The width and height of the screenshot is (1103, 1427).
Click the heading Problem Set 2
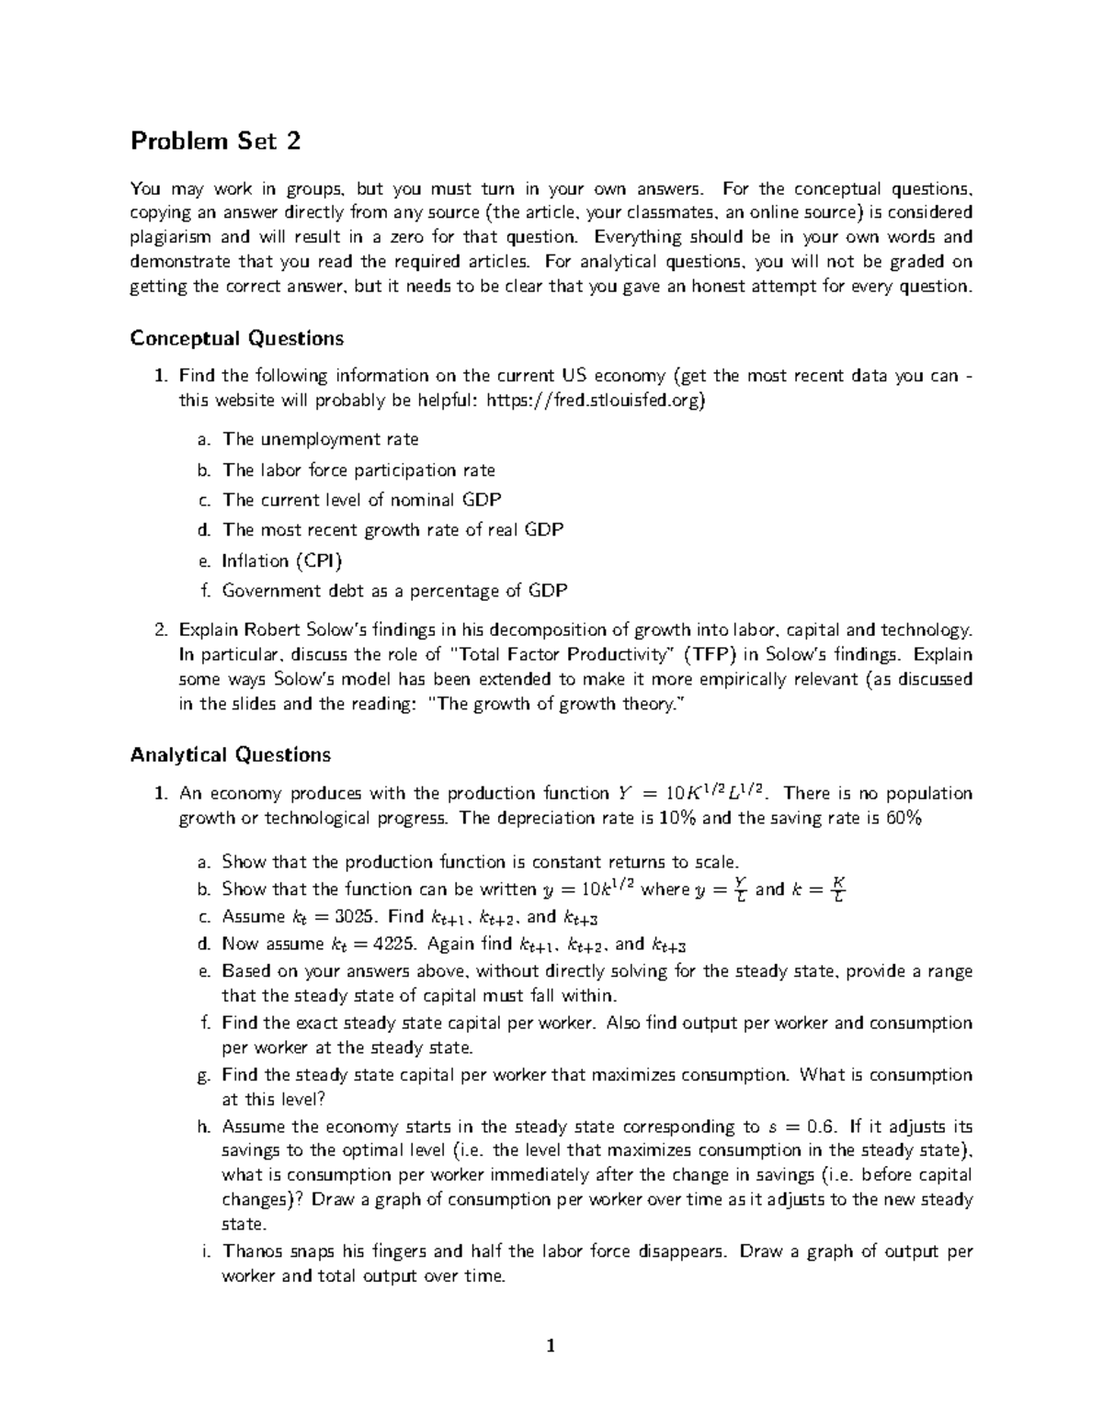pyautogui.click(x=215, y=142)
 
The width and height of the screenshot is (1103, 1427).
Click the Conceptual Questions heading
pyautogui.click(x=236, y=338)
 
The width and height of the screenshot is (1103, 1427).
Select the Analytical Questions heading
pyautogui.click(x=230, y=754)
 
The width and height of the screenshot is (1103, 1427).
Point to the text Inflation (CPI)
pyautogui.click(x=282, y=561)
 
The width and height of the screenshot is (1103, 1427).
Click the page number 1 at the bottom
pyautogui.click(x=551, y=1347)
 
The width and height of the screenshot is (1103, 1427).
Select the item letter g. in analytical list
pyautogui.click(x=204, y=1075)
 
